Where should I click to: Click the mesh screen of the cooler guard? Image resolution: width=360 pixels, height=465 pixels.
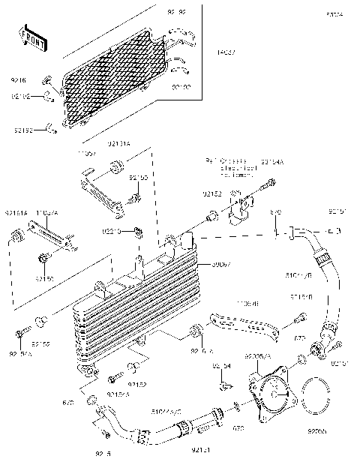click(112, 82)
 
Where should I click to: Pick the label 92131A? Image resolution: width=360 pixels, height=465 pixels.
click(119, 141)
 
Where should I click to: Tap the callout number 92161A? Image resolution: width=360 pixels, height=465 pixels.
click(16, 213)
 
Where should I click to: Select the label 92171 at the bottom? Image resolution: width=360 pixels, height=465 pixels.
click(199, 450)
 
